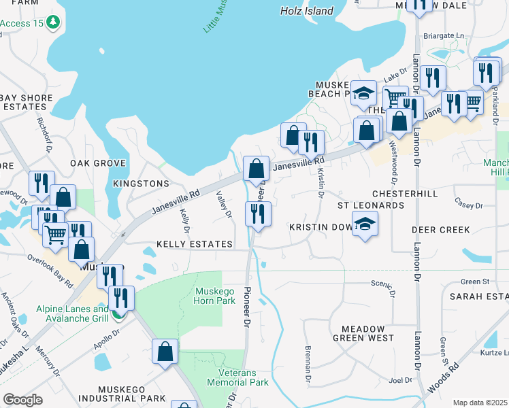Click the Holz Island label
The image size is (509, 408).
pyautogui.click(x=307, y=11)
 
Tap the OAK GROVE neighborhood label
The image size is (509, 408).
pyautogui.click(x=98, y=164)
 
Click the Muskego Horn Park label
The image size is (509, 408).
pyautogui.click(x=215, y=296)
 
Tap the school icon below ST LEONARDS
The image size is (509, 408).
pyautogui.click(x=365, y=224)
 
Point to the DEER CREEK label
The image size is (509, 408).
pyautogui.click(x=441, y=230)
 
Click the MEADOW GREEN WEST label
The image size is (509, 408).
pyautogui.click(x=363, y=333)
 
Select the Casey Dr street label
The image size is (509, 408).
pyautogui.click(x=468, y=205)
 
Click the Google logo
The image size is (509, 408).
pyautogui.click(x=22, y=400)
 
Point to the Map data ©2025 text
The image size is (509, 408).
pyautogui.click(x=480, y=403)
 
